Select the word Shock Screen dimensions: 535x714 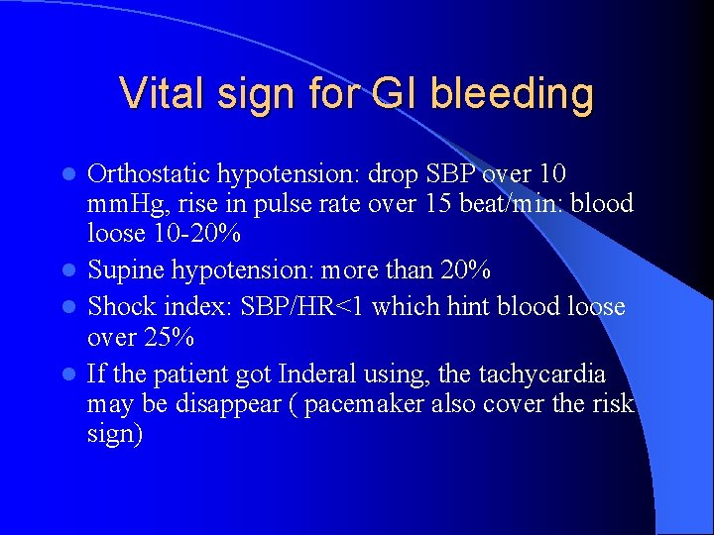[x=118, y=307]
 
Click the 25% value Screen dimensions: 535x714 [x=168, y=336]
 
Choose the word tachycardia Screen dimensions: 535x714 [x=536, y=374]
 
